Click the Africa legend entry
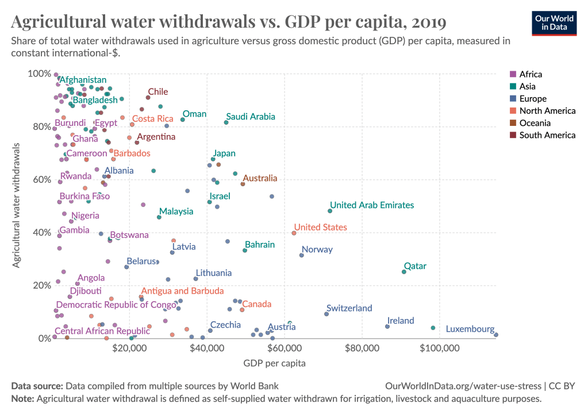530,74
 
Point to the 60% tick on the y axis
39,179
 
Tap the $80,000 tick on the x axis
362,348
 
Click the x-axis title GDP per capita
274,363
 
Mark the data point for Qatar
403,272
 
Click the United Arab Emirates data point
329,211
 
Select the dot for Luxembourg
496,335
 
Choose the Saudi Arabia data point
226,122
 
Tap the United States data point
294,233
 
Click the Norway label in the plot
317,250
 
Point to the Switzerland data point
326,314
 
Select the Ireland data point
387,326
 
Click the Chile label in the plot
157,91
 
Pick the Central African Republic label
94,331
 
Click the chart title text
229,22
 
